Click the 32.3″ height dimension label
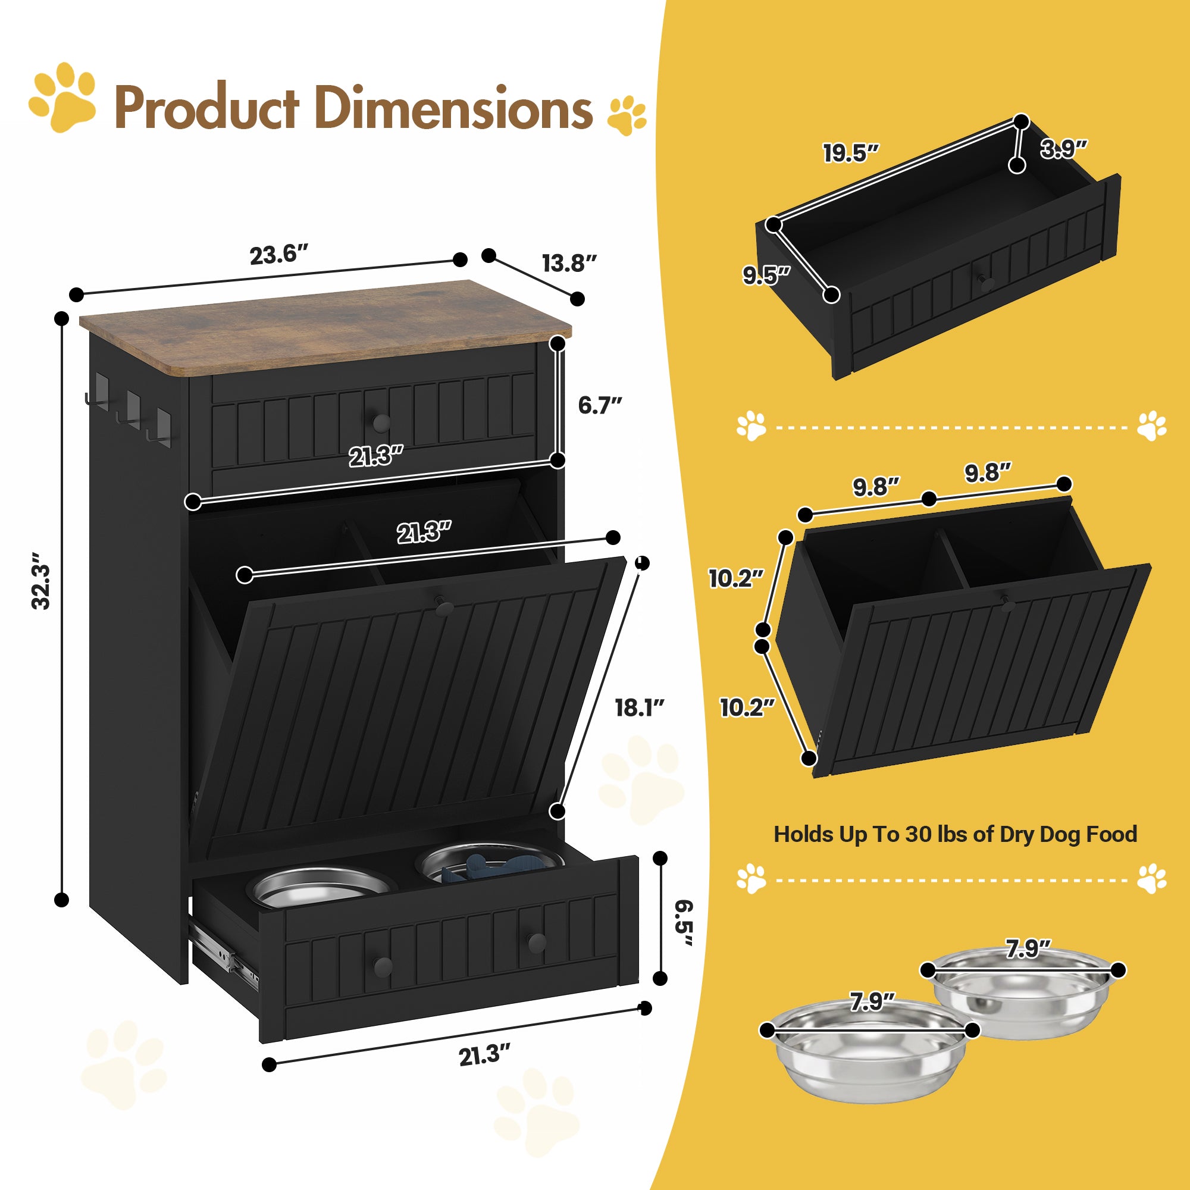[41, 581]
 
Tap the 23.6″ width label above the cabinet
[278, 255]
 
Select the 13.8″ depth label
[570, 264]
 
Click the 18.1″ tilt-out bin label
[640, 707]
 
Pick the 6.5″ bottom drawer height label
[683, 924]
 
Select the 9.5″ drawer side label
[766, 275]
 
